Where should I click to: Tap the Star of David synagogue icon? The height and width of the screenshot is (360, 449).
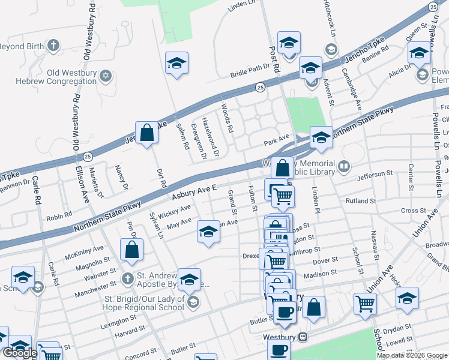(x=106, y=75)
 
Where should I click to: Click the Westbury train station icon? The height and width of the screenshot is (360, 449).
(x=304, y=337)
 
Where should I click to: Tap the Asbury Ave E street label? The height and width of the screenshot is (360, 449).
(x=193, y=193)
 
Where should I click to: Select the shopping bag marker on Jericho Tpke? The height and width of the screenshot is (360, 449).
(x=147, y=133)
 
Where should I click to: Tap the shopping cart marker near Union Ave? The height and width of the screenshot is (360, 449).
(x=365, y=304)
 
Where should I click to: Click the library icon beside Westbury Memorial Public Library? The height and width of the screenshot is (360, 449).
(x=345, y=167)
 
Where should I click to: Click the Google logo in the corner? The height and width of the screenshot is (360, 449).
(x=20, y=353)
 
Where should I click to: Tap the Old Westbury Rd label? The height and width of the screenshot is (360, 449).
(x=89, y=31)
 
